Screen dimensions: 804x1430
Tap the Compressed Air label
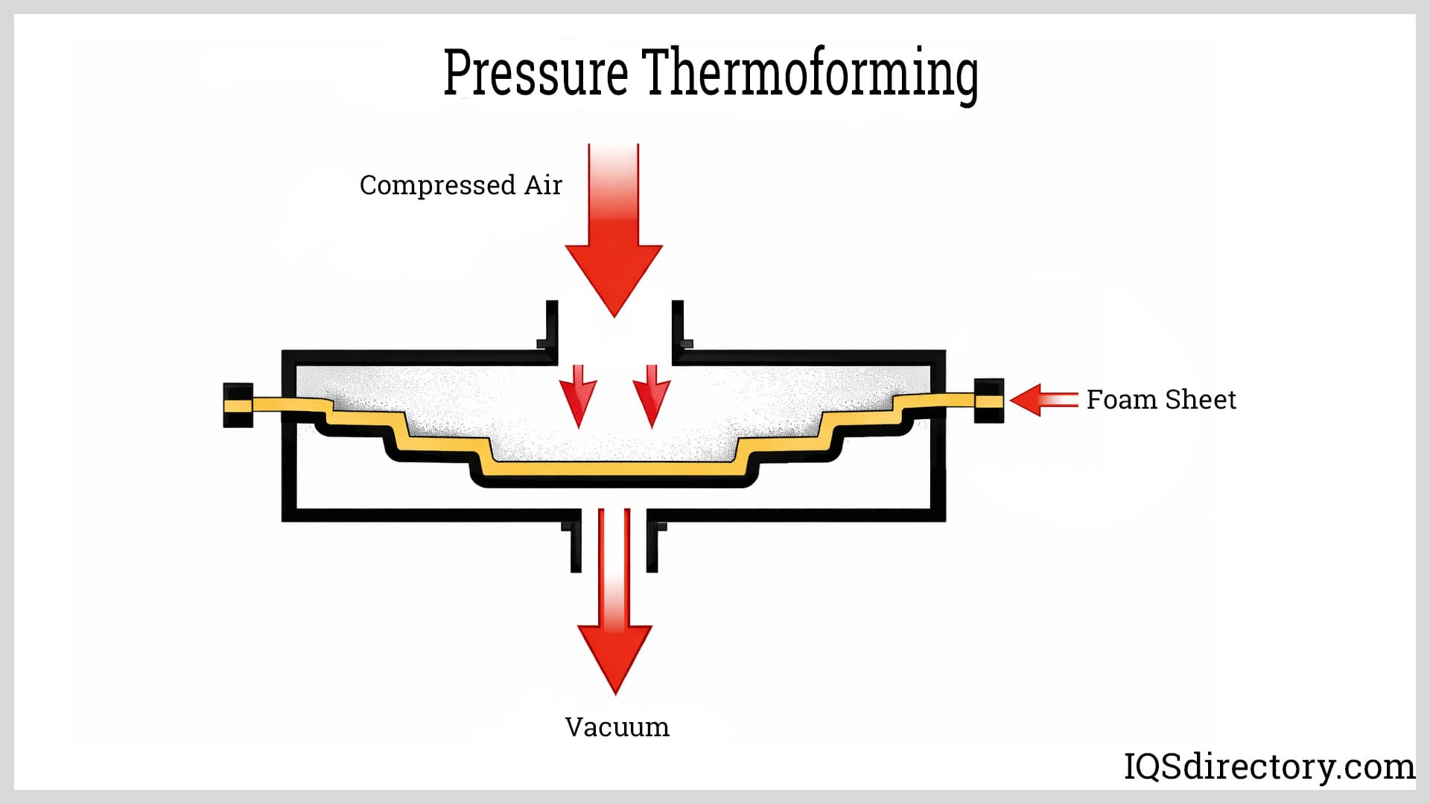460,185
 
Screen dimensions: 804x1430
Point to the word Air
543,185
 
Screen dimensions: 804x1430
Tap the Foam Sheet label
1160,400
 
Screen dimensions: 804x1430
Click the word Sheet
1201,400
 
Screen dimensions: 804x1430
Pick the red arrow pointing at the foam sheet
1043,400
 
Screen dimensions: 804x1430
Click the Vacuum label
617,727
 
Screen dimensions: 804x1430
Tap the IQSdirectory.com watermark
1268,767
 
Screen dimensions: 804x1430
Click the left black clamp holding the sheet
238,404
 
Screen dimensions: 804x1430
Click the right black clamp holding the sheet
988,401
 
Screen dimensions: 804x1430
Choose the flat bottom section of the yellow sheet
614,469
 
